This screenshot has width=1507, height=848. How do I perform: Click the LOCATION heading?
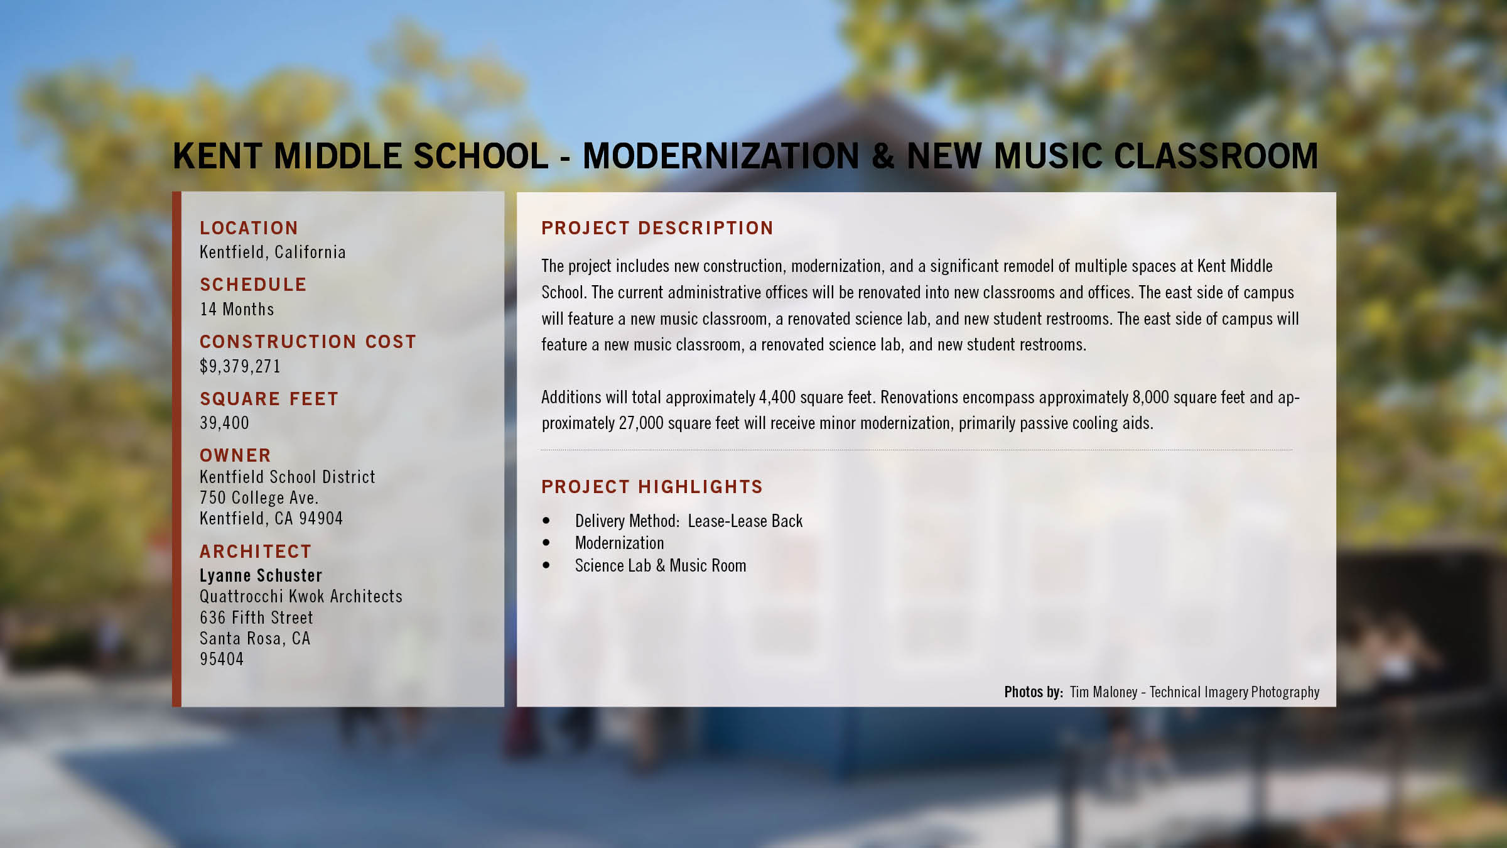coord(249,228)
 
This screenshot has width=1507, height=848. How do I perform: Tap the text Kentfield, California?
coord(273,253)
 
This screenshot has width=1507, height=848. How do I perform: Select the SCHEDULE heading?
coord(253,285)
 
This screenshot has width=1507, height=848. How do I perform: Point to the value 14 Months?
coord(237,309)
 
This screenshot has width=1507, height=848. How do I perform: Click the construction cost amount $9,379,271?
coord(240,366)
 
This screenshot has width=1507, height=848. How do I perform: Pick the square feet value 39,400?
coord(224,423)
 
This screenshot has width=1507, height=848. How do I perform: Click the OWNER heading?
coord(235,455)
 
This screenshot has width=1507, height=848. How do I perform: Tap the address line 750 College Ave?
coord(259,497)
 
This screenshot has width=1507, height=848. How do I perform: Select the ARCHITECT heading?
coord(256,552)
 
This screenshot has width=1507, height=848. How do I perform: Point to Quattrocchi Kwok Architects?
coord(301,596)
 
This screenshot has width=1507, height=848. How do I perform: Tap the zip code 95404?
coord(222,659)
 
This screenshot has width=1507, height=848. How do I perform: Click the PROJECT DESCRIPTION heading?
coord(657,228)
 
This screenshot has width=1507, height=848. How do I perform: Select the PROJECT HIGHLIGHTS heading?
coord(652,487)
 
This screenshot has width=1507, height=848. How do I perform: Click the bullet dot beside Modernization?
coord(546,543)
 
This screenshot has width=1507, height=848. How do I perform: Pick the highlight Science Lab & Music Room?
coord(661,565)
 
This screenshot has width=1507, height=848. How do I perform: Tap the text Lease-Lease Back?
coord(745,521)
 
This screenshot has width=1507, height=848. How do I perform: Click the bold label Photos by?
coord(1034,692)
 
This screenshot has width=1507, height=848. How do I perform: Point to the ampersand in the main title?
coord(883,156)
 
